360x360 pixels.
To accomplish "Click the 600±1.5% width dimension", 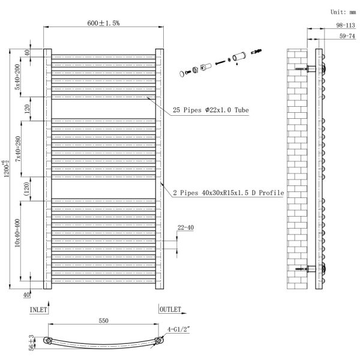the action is pos(103,23).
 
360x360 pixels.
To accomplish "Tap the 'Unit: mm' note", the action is pos(343,12).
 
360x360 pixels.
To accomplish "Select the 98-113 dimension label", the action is pos(346,25).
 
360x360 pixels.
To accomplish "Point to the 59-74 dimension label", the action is pos(347,36).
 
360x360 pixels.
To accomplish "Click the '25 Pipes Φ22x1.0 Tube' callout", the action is pos(211,110).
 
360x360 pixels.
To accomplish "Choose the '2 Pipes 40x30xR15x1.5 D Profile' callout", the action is pos(229,193).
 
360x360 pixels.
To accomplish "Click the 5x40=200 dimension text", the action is pos(17,77).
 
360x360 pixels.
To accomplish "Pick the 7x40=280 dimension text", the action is pos(18,149).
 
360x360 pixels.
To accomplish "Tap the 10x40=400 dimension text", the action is pos(17,233).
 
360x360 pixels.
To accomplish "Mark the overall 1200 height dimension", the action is pos(6,169).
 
